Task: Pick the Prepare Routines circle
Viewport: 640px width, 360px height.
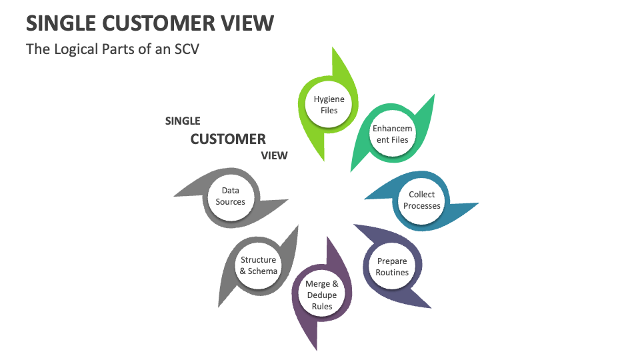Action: tap(392, 267)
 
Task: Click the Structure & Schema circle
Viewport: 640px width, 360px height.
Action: tap(259, 265)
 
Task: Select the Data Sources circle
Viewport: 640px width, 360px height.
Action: tap(230, 197)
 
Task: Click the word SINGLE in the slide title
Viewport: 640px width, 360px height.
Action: tap(61, 23)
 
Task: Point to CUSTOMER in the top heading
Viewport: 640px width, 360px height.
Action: tap(157, 23)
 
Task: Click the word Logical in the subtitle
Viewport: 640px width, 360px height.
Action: tap(79, 49)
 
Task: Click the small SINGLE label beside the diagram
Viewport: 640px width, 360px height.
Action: tap(183, 121)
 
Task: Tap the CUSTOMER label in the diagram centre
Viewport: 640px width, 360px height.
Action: tap(228, 139)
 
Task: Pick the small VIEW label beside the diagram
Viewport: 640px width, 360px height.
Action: tap(274, 156)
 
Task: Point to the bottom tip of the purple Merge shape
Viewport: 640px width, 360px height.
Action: tap(316, 349)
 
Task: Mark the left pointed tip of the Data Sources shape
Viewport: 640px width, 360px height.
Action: tap(175, 195)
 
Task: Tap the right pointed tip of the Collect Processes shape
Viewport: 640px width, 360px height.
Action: tap(477, 203)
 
